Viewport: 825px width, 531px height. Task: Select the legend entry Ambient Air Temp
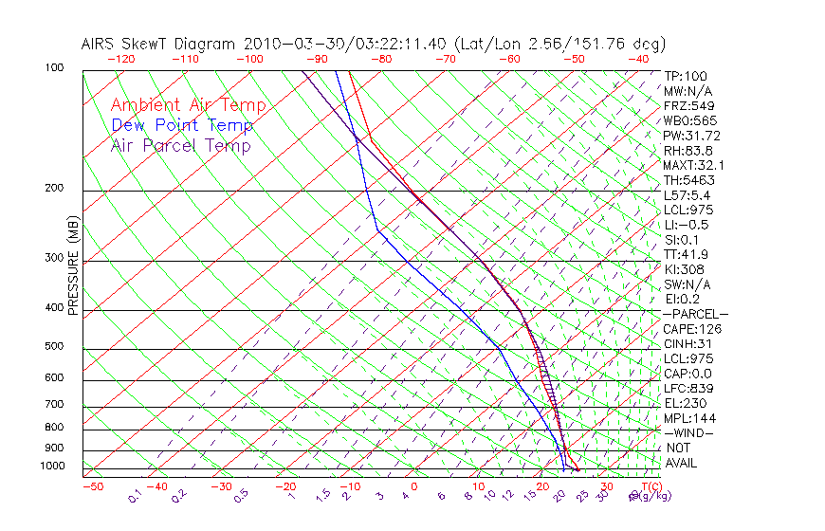coord(188,105)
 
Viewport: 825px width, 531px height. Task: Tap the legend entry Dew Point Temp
coord(182,125)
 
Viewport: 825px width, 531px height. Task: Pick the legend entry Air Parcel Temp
coord(180,145)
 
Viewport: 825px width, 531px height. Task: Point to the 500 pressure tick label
coord(54,347)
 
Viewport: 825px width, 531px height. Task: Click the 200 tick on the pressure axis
coord(54,188)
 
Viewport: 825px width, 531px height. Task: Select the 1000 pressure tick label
coord(51,467)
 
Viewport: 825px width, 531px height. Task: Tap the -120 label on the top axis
coord(120,59)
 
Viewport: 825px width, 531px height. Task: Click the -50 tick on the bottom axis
coord(92,487)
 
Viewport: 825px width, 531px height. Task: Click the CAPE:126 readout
coord(692,329)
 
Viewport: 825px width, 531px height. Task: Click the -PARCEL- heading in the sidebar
coord(695,314)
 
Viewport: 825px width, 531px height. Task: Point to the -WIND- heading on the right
coord(689,432)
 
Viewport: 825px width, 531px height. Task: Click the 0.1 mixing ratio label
coord(135,495)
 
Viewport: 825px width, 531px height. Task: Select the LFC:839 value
coord(688,388)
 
